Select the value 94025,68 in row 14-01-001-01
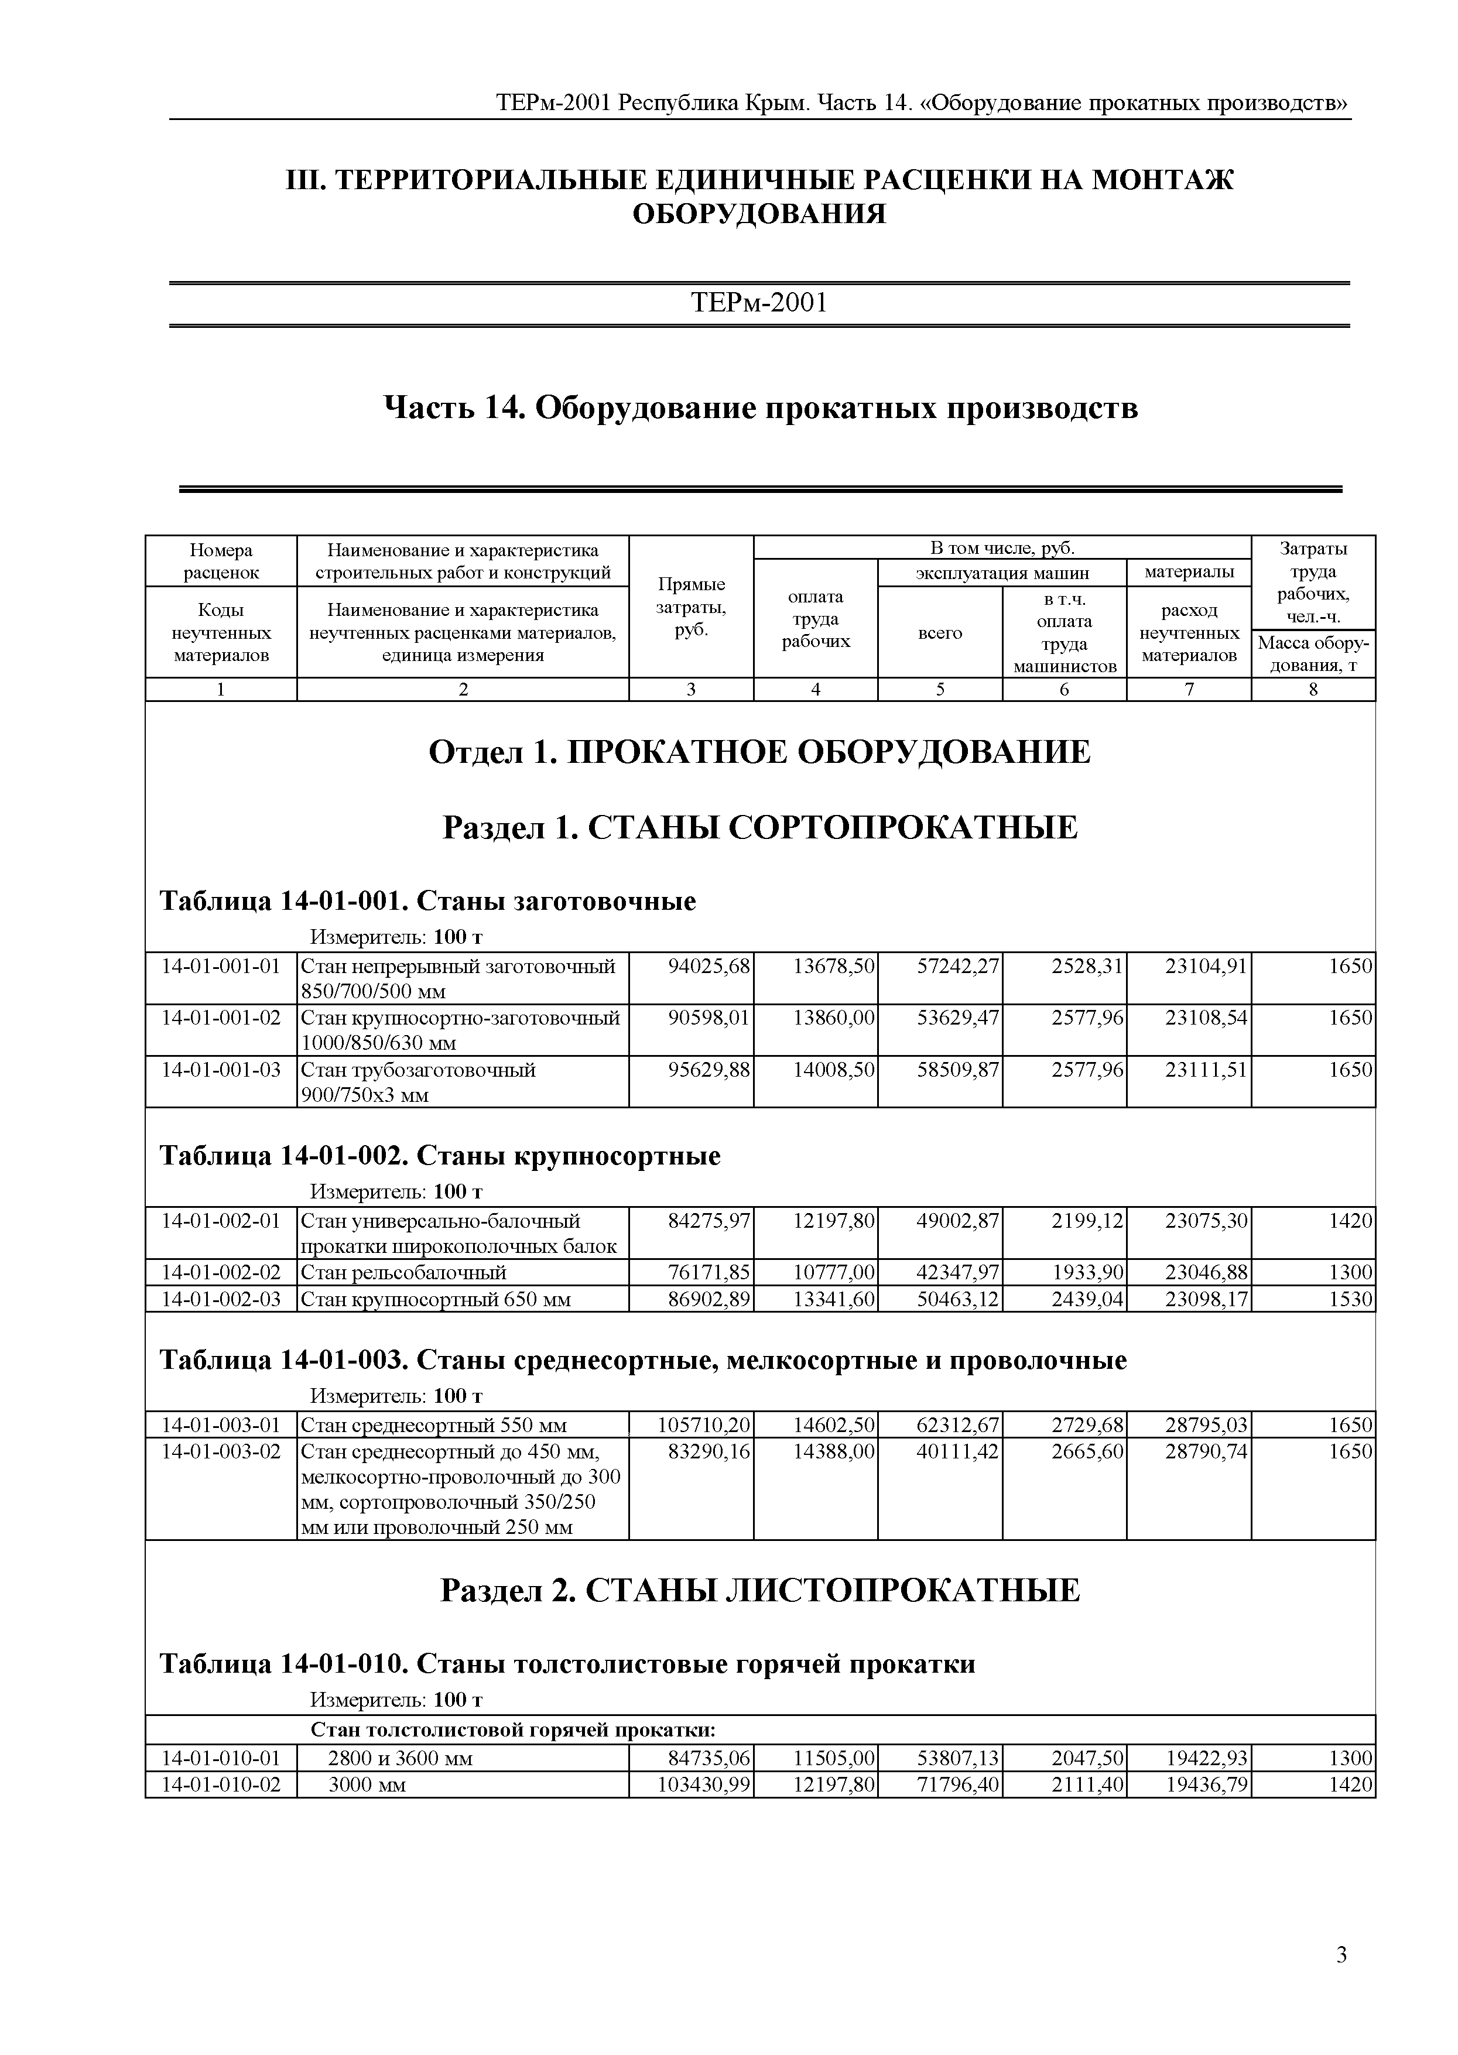point(709,966)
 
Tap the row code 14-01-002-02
point(221,1272)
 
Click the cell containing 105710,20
point(705,1425)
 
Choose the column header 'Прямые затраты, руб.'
point(692,607)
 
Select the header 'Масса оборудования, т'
point(1313,653)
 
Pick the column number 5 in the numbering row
point(940,690)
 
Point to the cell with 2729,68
point(1087,1425)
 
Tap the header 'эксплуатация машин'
point(1002,573)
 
